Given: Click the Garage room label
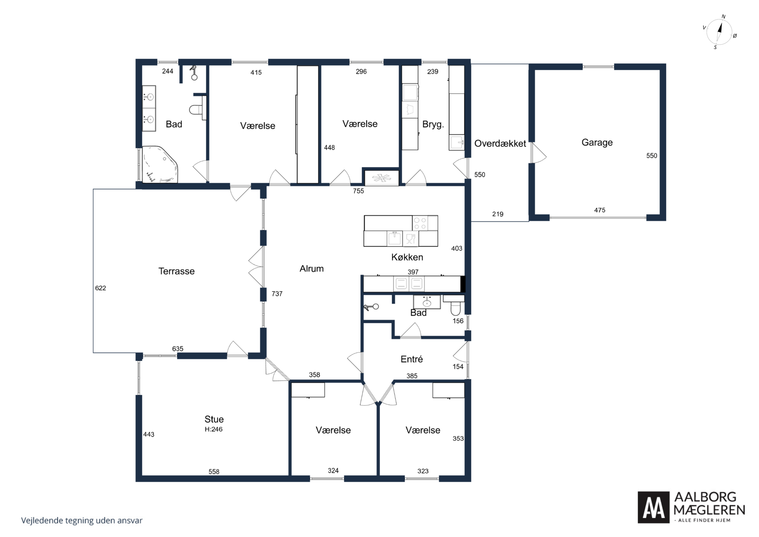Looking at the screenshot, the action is tap(597, 143).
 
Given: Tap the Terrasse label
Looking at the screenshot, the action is tap(177, 271).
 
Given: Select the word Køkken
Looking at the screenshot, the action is tap(407, 257).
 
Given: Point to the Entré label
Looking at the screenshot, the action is tap(412, 359).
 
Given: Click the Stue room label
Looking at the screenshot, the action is tap(214, 419).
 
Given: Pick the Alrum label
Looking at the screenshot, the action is tap(311, 269).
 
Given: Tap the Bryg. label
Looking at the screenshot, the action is tap(433, 125).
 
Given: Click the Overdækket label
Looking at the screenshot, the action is tap(500, 143).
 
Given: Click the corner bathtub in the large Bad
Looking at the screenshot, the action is tap(160, 164).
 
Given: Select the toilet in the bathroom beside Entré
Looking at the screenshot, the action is tap(455, 306).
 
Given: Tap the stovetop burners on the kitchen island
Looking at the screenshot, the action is tap(420, 223).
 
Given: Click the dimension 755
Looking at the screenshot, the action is tap(358, 191).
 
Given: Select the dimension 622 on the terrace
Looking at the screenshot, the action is tap(100, 288).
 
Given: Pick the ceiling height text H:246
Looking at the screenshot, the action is tap(214, 429).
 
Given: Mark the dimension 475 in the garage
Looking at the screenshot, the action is tap(600, 210).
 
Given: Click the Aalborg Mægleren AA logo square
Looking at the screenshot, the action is tap(654, 507).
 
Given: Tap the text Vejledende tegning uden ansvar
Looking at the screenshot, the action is tap(82, 520).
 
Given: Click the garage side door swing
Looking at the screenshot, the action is tap(538, 153).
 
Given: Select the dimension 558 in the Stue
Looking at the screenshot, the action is tap(214, 472).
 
